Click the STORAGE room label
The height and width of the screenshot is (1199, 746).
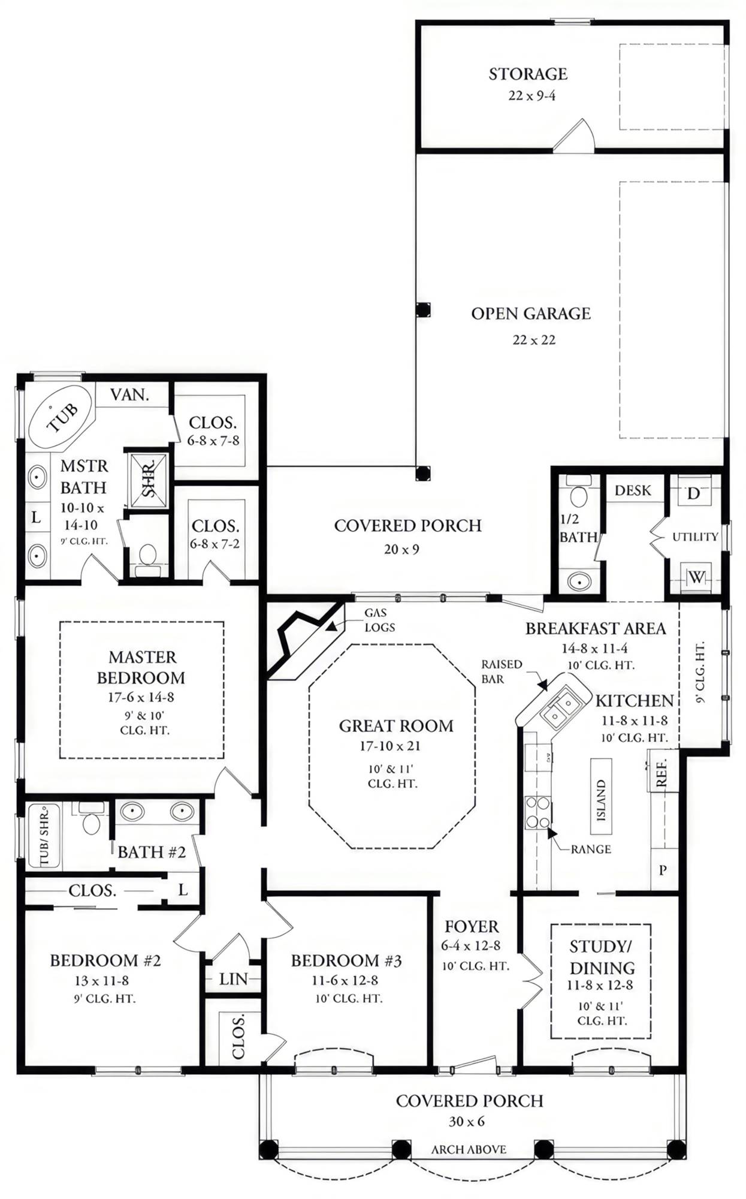(527, 74)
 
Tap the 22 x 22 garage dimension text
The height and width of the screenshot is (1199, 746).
(533, 340)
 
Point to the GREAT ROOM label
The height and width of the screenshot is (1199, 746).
(396, 726)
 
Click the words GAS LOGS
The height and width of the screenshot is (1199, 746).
(379, 620)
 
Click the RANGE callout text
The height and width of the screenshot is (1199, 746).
(591, 849)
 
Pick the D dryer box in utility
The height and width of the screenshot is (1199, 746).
(693, 494)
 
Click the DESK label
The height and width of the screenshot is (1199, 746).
(633, 490)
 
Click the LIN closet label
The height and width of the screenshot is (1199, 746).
(233, 979)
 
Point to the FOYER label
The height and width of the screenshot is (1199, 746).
(472, 927)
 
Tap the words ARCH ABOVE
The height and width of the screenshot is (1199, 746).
(469, 1149)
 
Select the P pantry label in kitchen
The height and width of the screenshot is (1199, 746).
(663, 870)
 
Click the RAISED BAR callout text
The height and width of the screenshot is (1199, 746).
(502, 671)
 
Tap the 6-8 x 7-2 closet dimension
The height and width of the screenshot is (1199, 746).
(215, 544)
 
